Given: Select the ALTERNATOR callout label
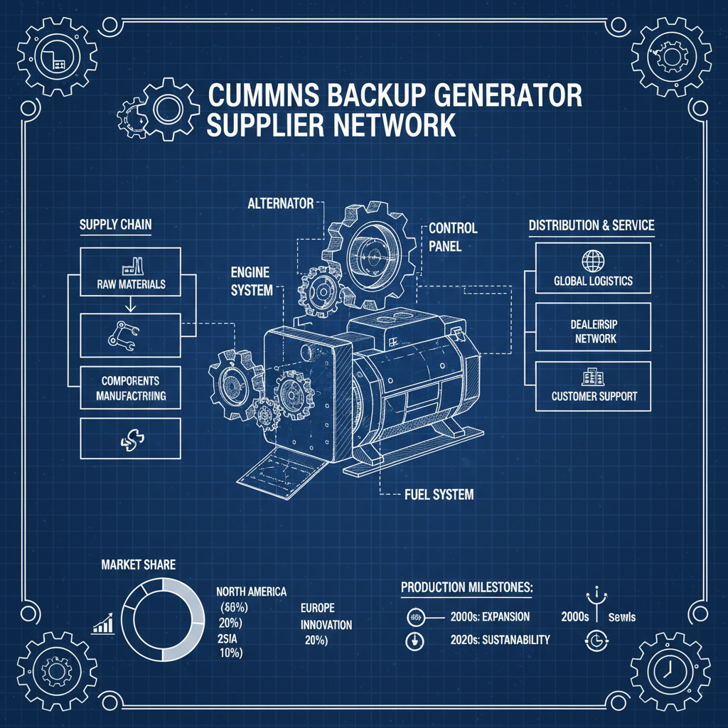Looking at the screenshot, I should point(280,203).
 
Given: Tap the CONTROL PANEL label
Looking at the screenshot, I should point(453,237).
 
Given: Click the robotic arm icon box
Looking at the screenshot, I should point(131,334).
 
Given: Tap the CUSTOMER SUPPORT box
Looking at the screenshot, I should point(592,385).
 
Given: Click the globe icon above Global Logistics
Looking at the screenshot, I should point(591,260).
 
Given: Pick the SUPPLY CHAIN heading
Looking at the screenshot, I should point(115,225).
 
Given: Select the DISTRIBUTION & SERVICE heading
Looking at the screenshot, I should point(591,225).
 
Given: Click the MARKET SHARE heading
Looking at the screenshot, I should point(139,565).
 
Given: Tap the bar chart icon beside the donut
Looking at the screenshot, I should point(104,625).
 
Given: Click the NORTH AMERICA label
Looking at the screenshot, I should point(251,591).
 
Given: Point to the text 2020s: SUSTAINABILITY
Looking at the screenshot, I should point(500,639).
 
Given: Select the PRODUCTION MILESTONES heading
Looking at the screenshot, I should point(466,587).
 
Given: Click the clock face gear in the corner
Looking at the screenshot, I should point(668,669).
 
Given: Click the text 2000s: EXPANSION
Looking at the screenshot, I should point(491,616).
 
